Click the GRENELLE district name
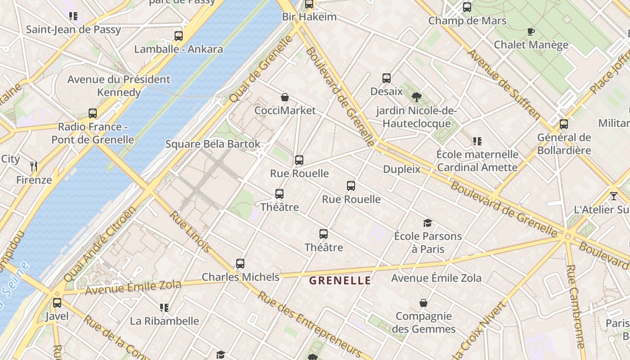pos(340,281)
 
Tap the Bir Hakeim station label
pos(309,17)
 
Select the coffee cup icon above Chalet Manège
pos(531,31)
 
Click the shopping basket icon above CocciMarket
pos(285,97)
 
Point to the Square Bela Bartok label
pos(213,144)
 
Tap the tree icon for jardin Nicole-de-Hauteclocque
pos(417,97)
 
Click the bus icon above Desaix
pos(387,78)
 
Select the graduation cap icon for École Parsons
pos(427,223)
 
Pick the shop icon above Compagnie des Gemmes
pos(423,303)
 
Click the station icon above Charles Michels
pos(240,264)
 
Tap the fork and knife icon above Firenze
pos(34,166)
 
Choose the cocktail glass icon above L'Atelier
pos(613,196)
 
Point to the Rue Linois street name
pos(190,231)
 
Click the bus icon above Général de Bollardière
pos(564,124)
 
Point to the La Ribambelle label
pos(164,321)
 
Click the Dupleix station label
pos(401,169)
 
